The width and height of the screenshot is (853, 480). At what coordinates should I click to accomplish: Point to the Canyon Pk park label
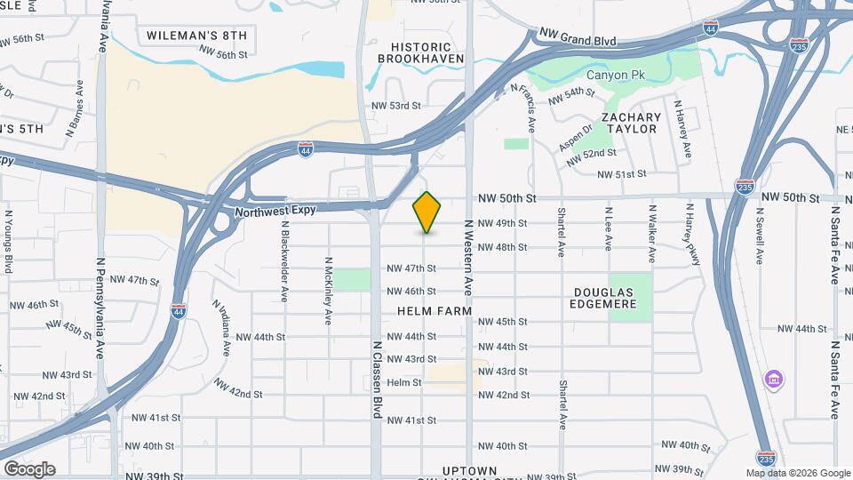[x=619, y=75]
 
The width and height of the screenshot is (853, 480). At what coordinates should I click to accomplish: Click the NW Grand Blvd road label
[x=578, y=39]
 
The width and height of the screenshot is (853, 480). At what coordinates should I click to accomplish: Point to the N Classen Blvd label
[x=377, y=380]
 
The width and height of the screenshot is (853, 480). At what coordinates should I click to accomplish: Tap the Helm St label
[x=404, y=382]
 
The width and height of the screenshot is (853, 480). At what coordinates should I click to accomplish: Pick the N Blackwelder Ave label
[x=284, y=261]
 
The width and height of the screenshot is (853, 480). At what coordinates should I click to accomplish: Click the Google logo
[x=29, y=469]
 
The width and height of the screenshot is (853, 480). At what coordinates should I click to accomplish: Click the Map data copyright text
[x=796, y=473]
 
